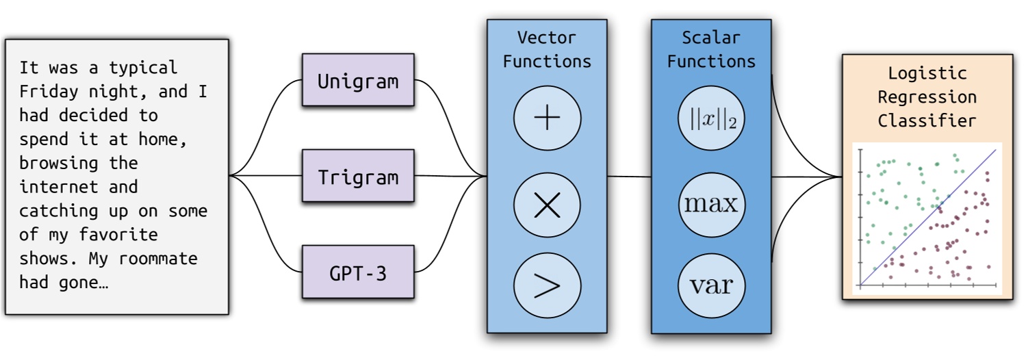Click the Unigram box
click(358, 80)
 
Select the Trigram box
click(358, 177)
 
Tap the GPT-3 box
click(358, 272)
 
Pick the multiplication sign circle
click(547, 205)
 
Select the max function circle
click(711, 204)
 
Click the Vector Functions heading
click(547, 49)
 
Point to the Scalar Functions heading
click(711, 49)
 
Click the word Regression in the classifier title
click(927, 97)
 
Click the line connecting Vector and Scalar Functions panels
click(629, 177)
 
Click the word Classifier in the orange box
click(927, 120)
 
